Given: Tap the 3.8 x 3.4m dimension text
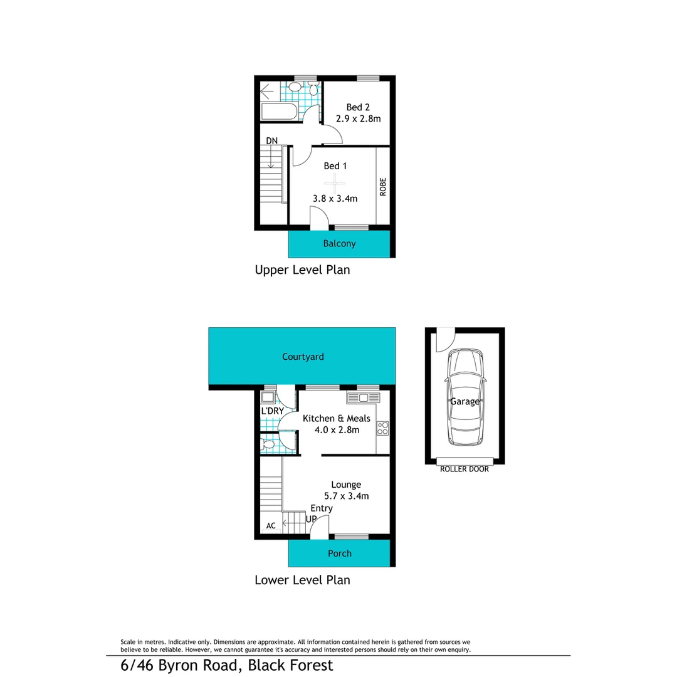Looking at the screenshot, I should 335,199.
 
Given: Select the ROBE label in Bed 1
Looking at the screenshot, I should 383,187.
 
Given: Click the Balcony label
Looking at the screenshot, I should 339,244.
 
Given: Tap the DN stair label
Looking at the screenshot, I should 271,140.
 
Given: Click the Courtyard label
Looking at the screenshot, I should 303,357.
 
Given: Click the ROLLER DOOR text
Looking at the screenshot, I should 464,469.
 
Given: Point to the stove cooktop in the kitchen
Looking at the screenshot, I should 382,428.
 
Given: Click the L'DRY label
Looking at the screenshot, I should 273,411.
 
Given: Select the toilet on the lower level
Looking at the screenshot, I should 268,444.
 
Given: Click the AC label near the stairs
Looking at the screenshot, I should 271,526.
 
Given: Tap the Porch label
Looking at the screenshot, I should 340,554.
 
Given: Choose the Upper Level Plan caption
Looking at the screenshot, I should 302,270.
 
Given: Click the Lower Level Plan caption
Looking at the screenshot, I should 302,580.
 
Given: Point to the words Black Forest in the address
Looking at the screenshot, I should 290,665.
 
